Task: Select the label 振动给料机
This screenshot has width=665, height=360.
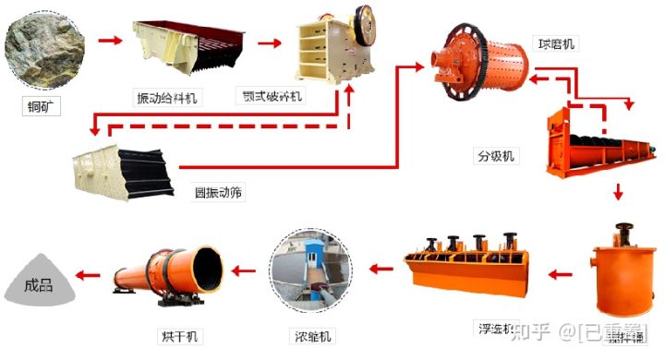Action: tap(167, 97)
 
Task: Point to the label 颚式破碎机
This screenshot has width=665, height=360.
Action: tap(273, 95)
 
